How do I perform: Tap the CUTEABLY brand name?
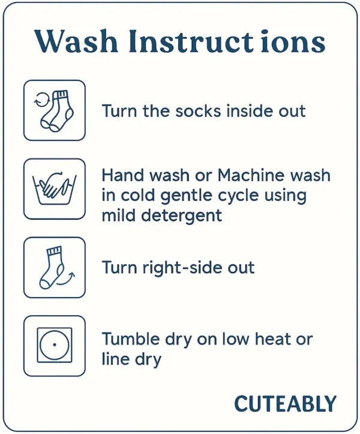[x=285, y=404]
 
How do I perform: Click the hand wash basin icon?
[x=55, y=188]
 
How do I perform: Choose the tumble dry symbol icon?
[x=55, y=345]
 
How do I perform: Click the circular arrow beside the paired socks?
[x=41, y=100]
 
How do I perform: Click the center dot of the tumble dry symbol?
[x=55, y=345]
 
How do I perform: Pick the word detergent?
[x=182, y=215]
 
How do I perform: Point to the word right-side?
[x=181, y=268]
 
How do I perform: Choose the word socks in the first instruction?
[x=199, y=111]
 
